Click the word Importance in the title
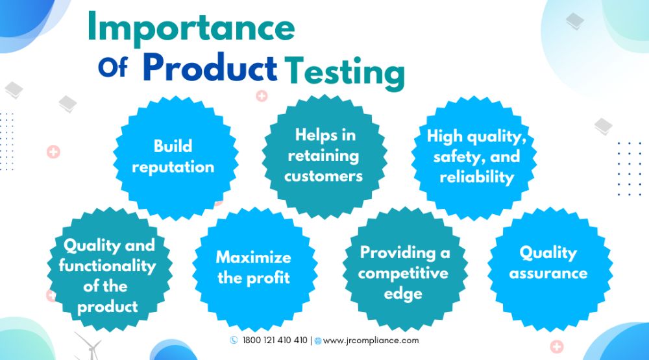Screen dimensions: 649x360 pyautogui.click(x=191, y=27)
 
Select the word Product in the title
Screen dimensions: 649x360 pyautogui.click(x=210, y=68)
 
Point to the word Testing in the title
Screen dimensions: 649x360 pyautogui.click(x=345, y=73)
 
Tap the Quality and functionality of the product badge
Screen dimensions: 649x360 pyautogui.click(x=110, y=270)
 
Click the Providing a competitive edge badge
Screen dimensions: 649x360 pyautogui.click(x=405, y=270)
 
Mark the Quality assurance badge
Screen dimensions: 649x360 pyautogui.click(x=550, y=270)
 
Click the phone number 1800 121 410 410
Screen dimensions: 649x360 pyautogui.click(x=275, y=340)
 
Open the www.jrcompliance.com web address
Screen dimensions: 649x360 pyautogui.click(x=371, y=341)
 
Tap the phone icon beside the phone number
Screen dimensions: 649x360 pyautogui.click(x=234, y=340)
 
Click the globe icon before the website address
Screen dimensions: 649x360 pyautogui.click(x=318, y=341)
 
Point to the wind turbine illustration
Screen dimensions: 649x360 pyautogui.click(x=88, y=346)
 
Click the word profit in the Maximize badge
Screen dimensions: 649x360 pyautogui.click(x=268, y=278)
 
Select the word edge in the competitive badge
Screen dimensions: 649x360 pyautogui.click(x=403, y=294)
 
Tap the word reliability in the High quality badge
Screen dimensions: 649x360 pyautogui.click(x=477, y=178)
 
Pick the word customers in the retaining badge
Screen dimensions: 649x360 pyautogui.click(x=323, y=176)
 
